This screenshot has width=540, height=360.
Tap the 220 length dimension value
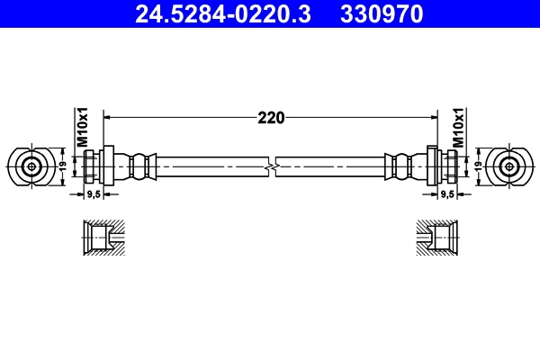tap(271, 117)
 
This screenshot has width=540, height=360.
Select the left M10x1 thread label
tap(80, 129)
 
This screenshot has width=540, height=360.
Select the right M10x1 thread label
tap(458, 129)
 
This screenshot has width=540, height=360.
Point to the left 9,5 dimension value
tap(93, 194)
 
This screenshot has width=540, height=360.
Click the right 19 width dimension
tap(479, 166)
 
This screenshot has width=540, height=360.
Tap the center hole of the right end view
tap(510, 166)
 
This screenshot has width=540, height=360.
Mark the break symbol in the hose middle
tap(271, 166)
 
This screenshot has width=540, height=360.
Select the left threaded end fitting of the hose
tap(95, 166)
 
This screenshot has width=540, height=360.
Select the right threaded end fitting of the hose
tap(445, 166)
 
